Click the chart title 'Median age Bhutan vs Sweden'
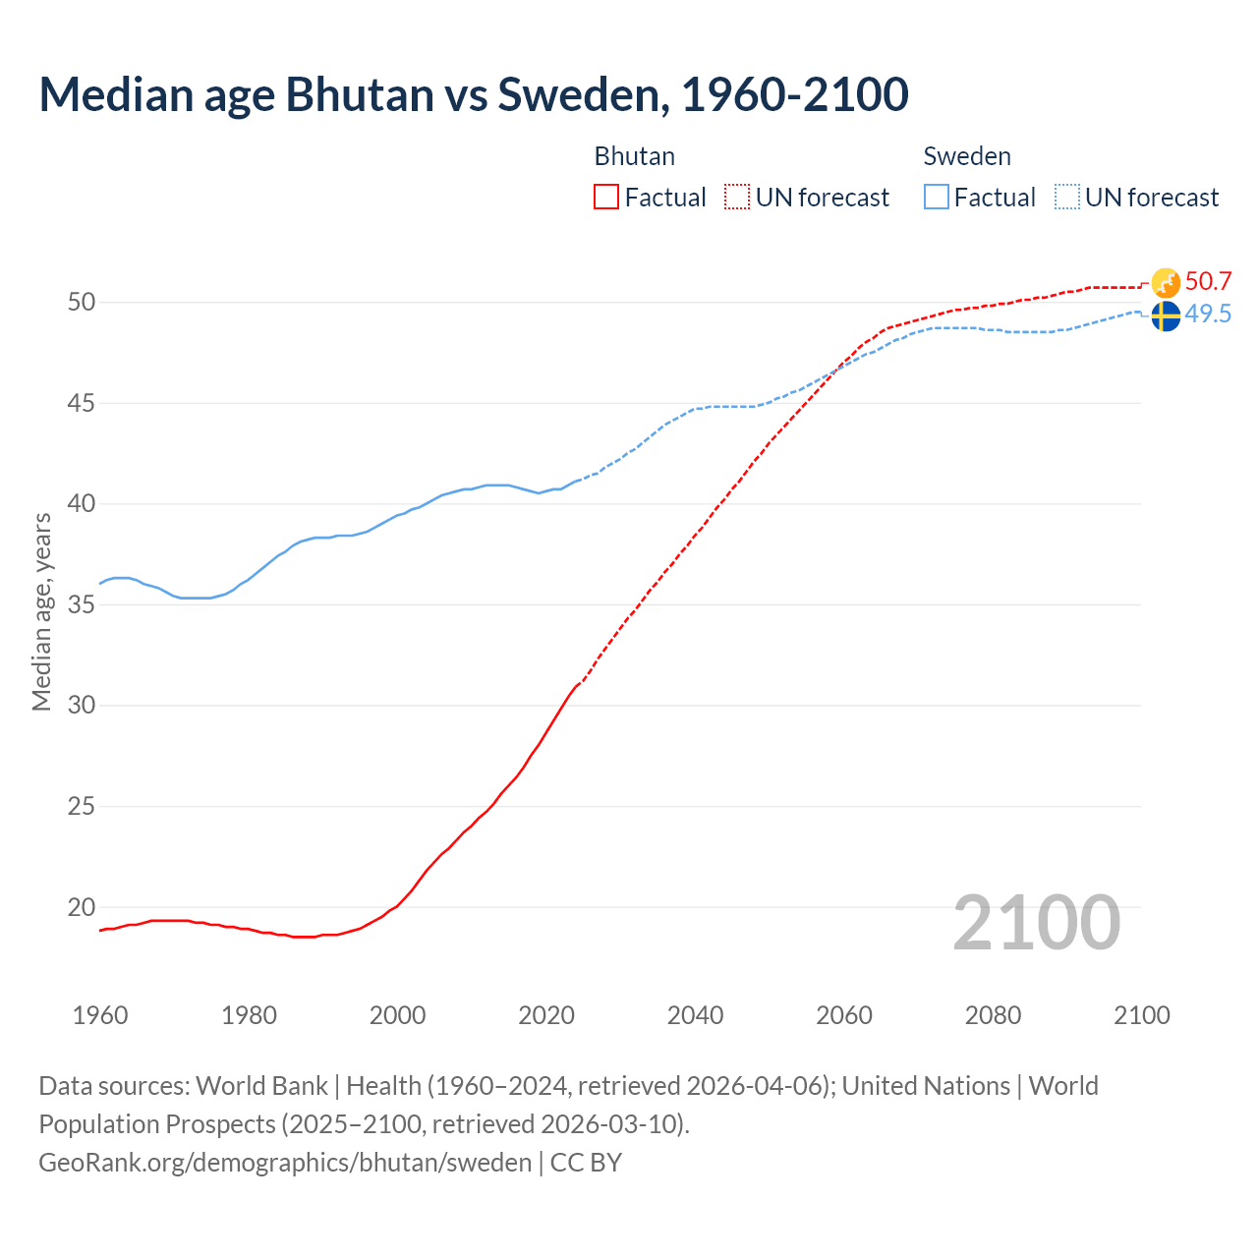(473, 95)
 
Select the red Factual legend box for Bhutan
(606, 198)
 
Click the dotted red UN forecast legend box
(737, 198)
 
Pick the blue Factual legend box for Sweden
(937, 198)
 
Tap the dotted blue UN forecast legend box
(1066, 198)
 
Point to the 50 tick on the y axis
(82, 302)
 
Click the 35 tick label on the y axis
(82, 604)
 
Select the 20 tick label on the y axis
(82, 907)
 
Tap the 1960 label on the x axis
(100, 1015)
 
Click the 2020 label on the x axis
(546, 1015)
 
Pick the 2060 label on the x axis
(844, 1015)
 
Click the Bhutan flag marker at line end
(1166, 283)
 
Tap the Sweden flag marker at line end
(1166, 316)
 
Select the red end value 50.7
(1208, 282)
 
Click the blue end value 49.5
(1208, 314)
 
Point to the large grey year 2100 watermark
(1036, 923)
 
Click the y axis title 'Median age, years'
(41, 611)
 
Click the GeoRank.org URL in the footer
(285, 1163)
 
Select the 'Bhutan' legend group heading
(634, 156)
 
